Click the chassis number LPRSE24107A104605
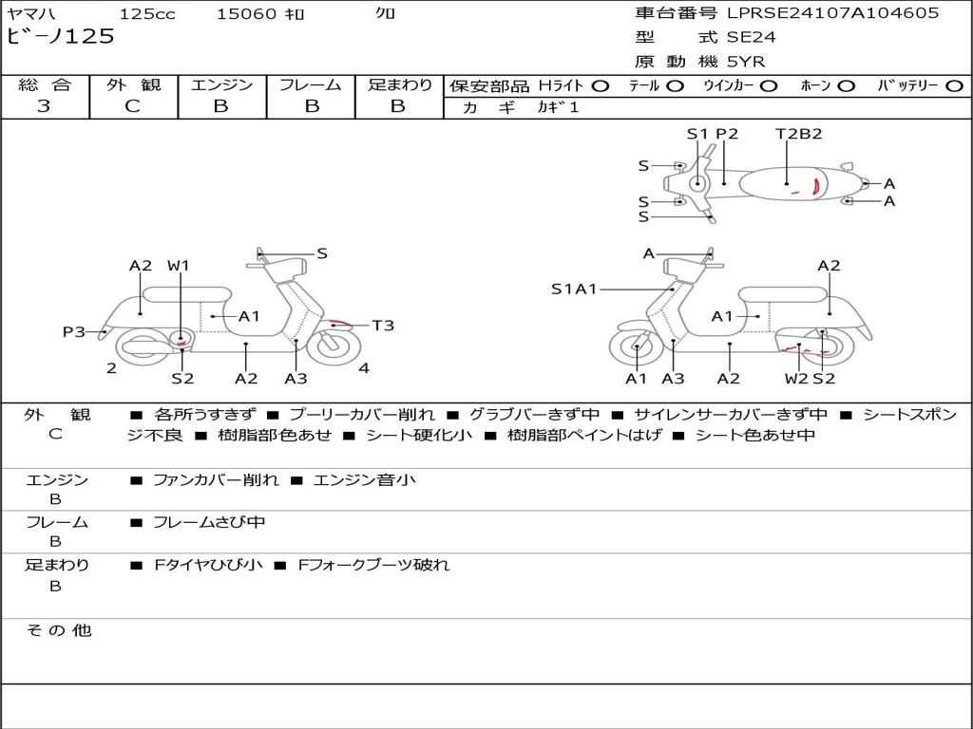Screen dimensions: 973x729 (x=832, y=13)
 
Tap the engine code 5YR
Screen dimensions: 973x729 (x=746, y=62)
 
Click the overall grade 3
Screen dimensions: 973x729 (x=44, y=106)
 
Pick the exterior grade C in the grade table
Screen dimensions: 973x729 (x=133, y=106)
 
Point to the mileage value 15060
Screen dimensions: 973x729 (x=246, y=14)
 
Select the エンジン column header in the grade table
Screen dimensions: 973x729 (x=221, y=85)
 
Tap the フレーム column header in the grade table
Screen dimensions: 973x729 (x=310, y=85)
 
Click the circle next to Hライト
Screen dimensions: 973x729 (x=600, y=86)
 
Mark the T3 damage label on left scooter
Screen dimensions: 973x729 (x=383, y=326)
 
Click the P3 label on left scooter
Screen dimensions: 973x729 (x=74, y=332)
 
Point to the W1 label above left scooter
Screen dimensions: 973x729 (x=179, y=266)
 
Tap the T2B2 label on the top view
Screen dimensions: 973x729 (x=798, y=134)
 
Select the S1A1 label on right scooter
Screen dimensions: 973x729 (x=574, y=290)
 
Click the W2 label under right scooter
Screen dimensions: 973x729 (x=796, y=379)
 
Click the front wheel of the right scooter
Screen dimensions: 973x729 (x=635, y=349)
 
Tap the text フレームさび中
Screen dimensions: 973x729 (x=209, y=522)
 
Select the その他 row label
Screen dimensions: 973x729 (x=58, y=630)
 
